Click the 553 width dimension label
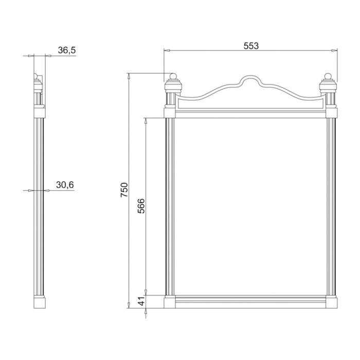coord(251,46)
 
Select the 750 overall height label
coord(124,190)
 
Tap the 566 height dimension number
coord(141,206)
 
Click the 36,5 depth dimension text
coord(66,50)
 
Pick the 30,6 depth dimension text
coord(65,185)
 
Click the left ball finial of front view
coord(173,76)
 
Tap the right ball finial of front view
coord(328,76)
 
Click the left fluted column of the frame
coord(170,207)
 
